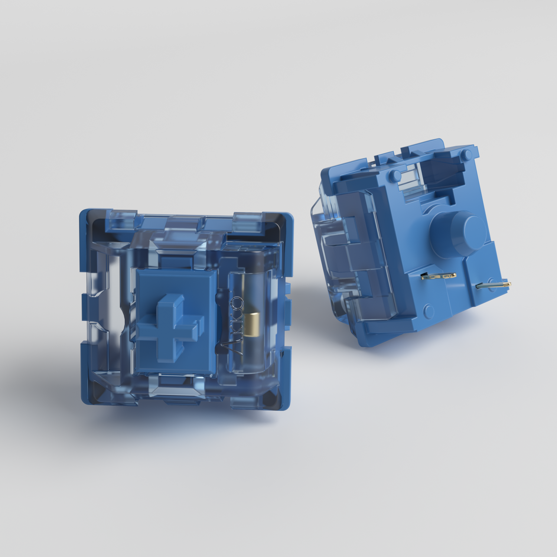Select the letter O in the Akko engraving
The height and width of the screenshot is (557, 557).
[238, 303]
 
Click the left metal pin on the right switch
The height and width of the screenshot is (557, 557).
[438, 276]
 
